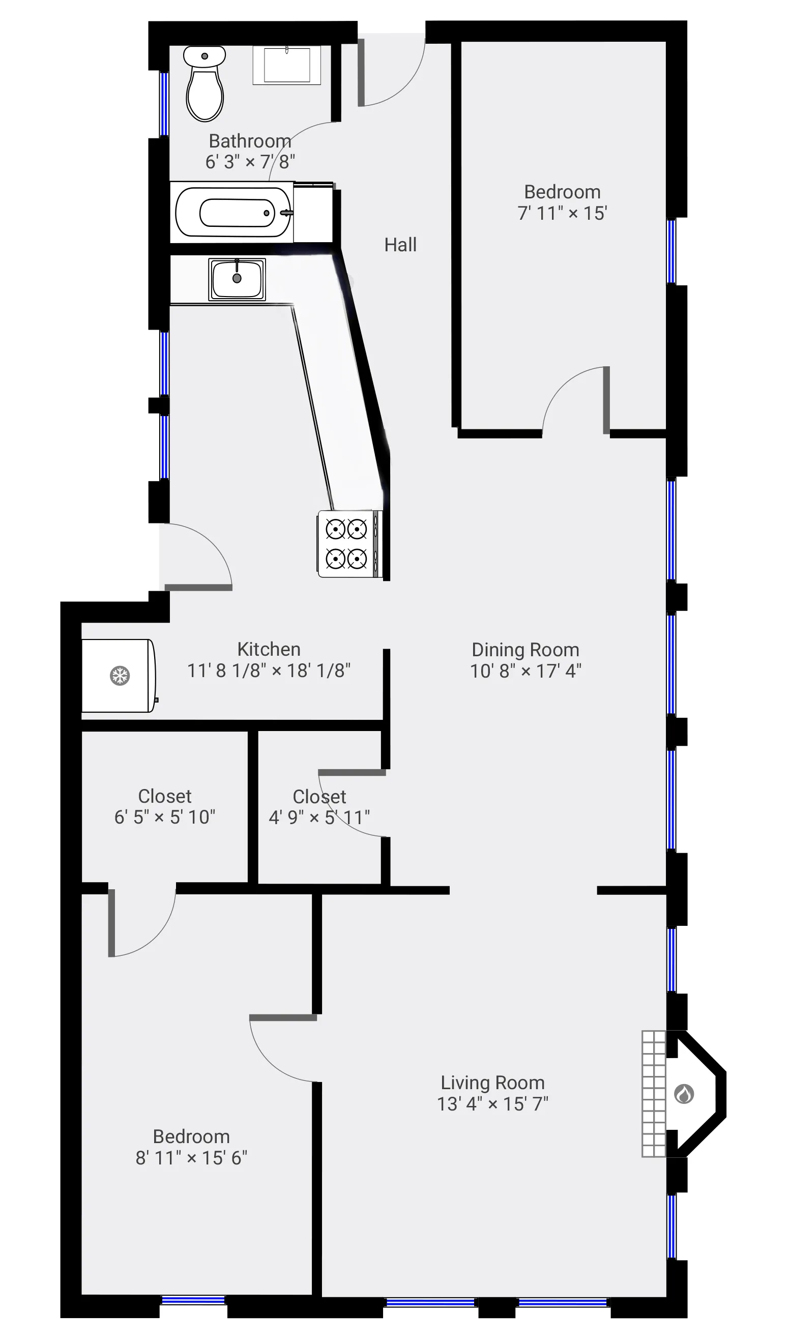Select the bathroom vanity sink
pyautogui.click(x=287, y=65)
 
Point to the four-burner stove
pyautogui.click(x=347, y=544)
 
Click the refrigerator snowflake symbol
pyautogui.click(x=120, y=675)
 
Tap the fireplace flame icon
pyautogui.click(x=684, y=1093)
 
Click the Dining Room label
pyautogui.click(x=525, y=650)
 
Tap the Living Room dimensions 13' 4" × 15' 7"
pyautogui.click(x=492, y=1104)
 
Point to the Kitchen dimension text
pyautogui.click(x=269, y=670)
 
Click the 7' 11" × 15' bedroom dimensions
pyautogui.click(x=562, y=214)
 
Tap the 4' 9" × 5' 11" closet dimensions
pyautogui.click(x=319, y=818)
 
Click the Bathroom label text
pyautogui.click(x=250, y=141)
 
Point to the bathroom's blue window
pyautogui.click(x=164, y=104)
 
